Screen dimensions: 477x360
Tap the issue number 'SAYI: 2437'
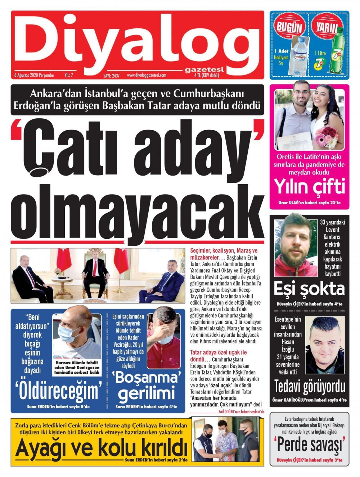coord(111,76)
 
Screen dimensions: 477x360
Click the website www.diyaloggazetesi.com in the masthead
coord(146,75)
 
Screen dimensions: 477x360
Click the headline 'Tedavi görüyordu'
coord(310,387)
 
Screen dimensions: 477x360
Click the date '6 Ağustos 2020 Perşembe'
coord(34,76)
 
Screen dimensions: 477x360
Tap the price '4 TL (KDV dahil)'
coord(206,75)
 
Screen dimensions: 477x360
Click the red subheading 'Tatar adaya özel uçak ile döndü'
coord(218,356)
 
